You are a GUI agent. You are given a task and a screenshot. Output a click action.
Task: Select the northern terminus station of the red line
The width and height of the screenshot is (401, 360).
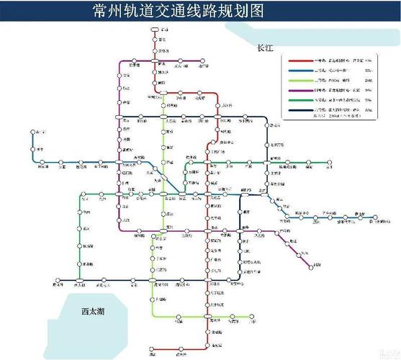[x=154, y=30]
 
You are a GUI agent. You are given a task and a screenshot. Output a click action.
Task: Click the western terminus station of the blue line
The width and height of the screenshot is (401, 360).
[x=33, y=132]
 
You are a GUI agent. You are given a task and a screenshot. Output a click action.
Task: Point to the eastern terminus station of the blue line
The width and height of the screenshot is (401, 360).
[x=374, y=215]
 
